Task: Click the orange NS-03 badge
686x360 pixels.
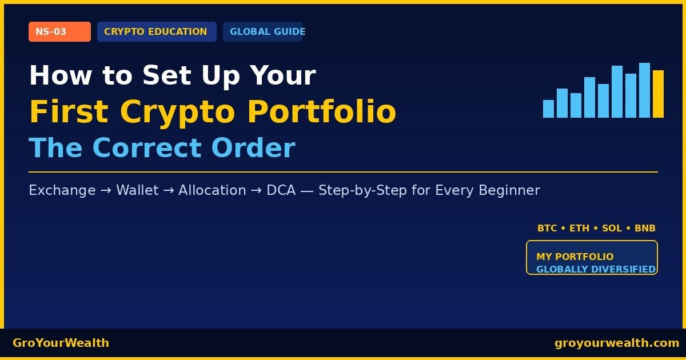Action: pos(59,32)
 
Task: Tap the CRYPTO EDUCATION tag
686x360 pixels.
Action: pos(156,32)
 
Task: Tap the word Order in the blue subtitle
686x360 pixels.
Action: pos(253,148)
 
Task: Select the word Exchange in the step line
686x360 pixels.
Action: pos(62,190)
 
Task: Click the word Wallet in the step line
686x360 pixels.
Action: pos(137,190)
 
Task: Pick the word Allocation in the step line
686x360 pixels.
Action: pos(212,190)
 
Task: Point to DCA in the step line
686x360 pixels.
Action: pos(281,190)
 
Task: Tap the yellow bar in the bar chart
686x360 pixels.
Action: pos(658,94)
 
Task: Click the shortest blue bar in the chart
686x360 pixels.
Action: pos(548,109)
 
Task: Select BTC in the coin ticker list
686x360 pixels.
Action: pos(547,229)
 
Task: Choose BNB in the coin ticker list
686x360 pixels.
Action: pos(645,229)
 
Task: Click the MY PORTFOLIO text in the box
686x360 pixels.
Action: pos(575,257)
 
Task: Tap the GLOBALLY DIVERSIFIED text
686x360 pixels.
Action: pos(596,269)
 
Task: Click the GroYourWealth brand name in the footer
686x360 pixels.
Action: pos(61,343)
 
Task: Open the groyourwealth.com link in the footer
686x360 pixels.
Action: pos(617,343)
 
